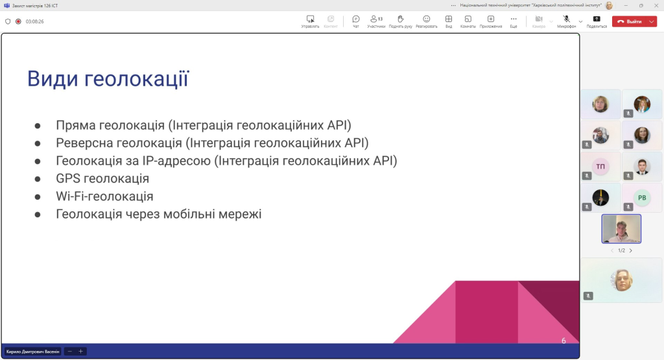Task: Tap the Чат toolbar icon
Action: pyautogui.click(x=356, y=19)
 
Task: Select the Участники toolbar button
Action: pyautogui.click(x=376, y=19)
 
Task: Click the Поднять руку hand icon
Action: pyautogui.click(x=400, y=19)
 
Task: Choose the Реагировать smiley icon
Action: pyautogui.click(x=427, y=19)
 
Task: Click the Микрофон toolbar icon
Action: pyautogui.click(x=566, y=19)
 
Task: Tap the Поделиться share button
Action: pyautogui.click(x=597, y=19)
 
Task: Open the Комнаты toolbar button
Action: pyautogui.click(x=468, y=19)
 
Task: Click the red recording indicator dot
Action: pyautogui.click(x=18, y=21)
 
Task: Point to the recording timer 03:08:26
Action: pyautogui.click(x=35, y=21)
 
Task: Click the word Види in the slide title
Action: pyautogui.click(x=53, y=78)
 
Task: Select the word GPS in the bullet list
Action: pyautogui.click(x=68, y=178)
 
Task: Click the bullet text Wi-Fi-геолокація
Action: pyautogui.click(x=104, y=196)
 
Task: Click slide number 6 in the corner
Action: pyautogui.click(x=563, y=341)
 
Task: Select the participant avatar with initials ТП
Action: pyautogui.click(x=600, y=167)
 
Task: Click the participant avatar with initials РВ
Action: pyautogui.click(x=642, y=197)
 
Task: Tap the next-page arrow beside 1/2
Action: pyautogui.click(x=630, y=250)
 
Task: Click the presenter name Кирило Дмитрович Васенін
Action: pyautogui.click(x=32, y=352)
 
